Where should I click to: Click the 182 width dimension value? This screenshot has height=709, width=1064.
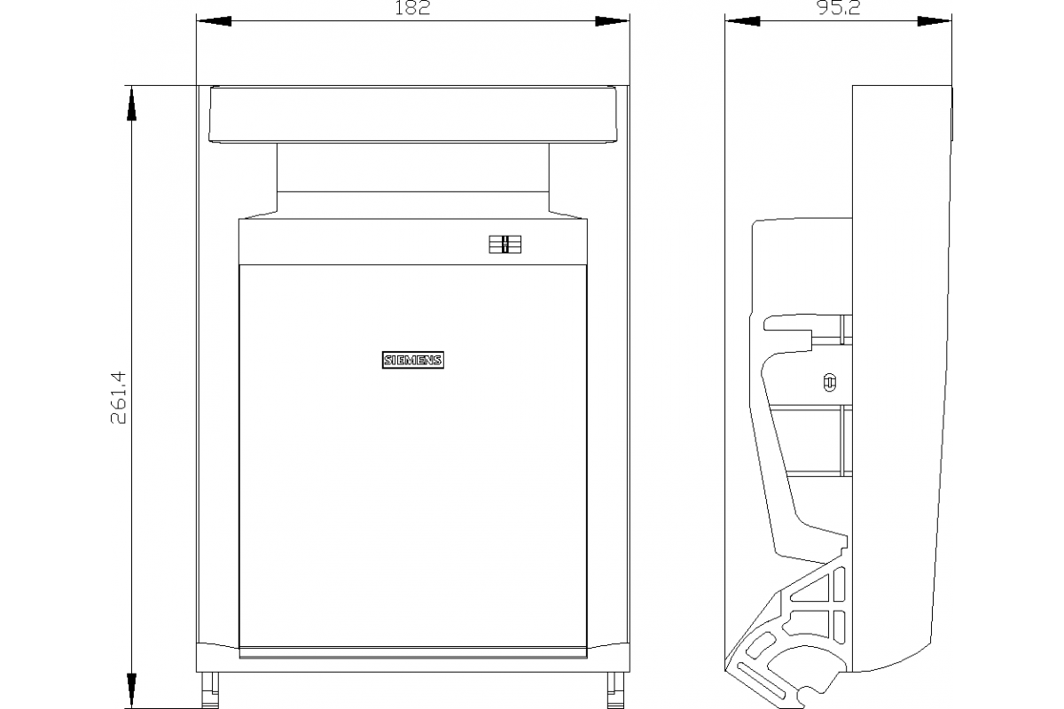tap(412, 8)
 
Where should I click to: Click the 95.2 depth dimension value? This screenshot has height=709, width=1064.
tap(839, 8)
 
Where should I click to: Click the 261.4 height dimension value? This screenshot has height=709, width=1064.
tap(118, 397)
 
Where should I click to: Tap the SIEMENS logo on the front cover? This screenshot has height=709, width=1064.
tap(413, 360)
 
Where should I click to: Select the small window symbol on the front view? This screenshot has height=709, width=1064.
tap(505, 244)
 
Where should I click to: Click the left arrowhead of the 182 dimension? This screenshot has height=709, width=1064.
tap(214, 21)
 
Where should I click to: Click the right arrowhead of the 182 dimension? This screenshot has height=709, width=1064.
tap(613, 21)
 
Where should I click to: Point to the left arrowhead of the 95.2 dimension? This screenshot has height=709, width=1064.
tap(742, 21)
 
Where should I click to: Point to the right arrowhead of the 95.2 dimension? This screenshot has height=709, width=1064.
tap(935, 21)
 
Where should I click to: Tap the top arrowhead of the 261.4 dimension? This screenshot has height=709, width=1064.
tap(131, 103)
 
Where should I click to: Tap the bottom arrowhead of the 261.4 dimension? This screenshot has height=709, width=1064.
tap(131, 690)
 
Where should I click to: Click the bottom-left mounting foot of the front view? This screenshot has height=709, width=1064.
tap(209, 690)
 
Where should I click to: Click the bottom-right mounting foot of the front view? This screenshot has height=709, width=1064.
tap(615, 690)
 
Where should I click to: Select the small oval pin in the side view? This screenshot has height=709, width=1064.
tap(829, 382)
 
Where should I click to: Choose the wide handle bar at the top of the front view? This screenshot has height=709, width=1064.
tap(413, 114)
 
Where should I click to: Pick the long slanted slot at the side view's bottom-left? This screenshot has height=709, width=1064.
tap(760, 681)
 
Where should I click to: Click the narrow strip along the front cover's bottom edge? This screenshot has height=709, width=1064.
tap(413, 652)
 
